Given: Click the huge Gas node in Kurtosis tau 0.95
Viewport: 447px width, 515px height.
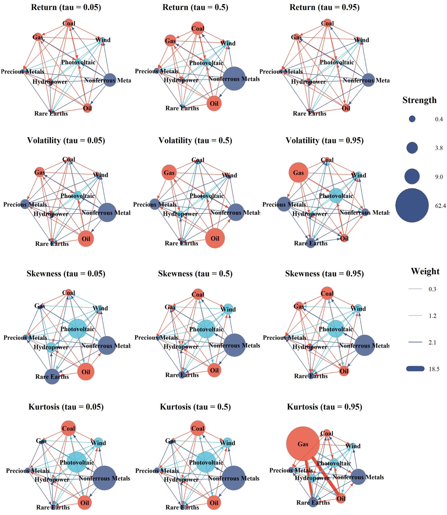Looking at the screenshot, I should pyautogui.click(x=303, y=444).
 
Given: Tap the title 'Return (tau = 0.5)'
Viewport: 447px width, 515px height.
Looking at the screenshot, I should pyautogui.click(x=195, y=7).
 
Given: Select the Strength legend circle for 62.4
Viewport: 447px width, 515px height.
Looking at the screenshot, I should pyautogui.click(x=412, y=205).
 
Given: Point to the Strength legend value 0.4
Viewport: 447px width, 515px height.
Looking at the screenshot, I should pyautogui.click(x=439, y=119).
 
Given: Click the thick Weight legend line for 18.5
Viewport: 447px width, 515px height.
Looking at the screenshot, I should pyautogui.click(x=415, y=369).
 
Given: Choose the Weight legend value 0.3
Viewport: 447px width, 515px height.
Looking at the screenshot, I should pyautogui.click(x=432, y=289).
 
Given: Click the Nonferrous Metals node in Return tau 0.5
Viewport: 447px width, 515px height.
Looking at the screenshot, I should pyautogui.click(x=234, y=79).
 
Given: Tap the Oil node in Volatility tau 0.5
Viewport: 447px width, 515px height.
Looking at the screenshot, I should pyautogui.click(x=215, y=238).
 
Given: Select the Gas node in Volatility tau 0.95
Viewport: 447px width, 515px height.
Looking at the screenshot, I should pyautogui.click(x=298, y=173).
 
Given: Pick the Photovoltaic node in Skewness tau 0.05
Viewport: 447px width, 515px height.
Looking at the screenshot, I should pyautogui.click(x=77, y=329).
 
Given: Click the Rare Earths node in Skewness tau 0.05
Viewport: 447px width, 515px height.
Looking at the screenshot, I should pyautogui.click(x=52, y=376).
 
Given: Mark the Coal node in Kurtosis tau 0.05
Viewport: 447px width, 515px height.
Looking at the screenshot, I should pyautogui.click(x=68, y=428).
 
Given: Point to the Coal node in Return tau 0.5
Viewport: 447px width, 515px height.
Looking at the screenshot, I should pyautogui.click(x=198, y=28).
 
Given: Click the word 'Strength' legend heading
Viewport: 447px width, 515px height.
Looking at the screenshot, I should pyautogui.click(x=419, y=100).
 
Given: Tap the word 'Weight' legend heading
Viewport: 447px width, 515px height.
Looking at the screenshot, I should pyautogui.click(x=425, y=271).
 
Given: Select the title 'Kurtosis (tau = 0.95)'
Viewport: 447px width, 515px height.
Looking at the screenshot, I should pyautogui.click(x=324, y=407).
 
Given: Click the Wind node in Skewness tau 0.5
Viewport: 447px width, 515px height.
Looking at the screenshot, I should pyautogui.click(x=228, y=309).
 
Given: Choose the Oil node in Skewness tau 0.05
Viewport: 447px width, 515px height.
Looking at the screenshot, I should pyautogui.click(x=86, y=372).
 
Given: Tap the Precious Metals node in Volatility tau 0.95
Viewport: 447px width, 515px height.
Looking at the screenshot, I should pyautogui.click(x=284, y=204).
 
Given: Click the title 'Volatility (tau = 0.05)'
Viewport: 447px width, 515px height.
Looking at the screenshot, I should pyautogui.click(x=66, y=140).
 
